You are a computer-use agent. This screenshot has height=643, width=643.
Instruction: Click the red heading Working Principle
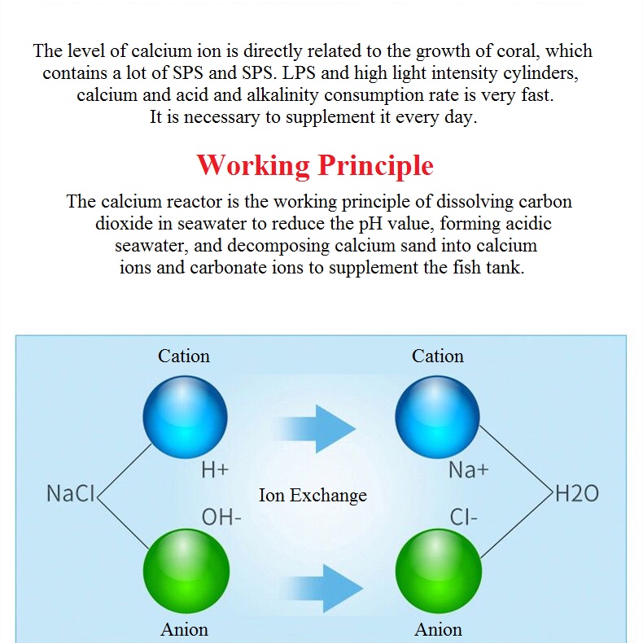pos(314,166)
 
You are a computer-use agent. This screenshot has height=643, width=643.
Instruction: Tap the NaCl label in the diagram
pos(72,493)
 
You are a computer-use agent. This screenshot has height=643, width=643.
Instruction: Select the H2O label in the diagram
pos(576,493)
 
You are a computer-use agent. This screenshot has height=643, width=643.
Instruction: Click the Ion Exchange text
pos(313,495)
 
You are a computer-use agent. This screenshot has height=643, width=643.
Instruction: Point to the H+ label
pos(215,470)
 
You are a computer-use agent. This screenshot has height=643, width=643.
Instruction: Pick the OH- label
pos(221,517)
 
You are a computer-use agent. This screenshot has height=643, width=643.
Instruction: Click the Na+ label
pos(468,470)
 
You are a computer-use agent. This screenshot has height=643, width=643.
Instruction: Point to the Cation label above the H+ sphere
pos(184,356)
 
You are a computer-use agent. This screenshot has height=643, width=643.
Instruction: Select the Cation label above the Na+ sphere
pos(438,356)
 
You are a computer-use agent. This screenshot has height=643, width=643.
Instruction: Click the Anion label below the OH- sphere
pos(185,629)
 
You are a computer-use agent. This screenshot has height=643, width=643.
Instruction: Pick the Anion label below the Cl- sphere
pos(439,629)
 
